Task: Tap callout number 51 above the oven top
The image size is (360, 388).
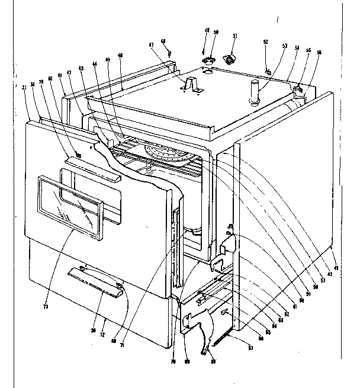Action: pos(234,37)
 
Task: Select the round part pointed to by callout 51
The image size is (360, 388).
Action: pos(229,58)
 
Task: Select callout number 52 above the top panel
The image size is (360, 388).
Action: pos(265,42)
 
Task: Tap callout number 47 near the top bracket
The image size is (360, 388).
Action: pos(151,45)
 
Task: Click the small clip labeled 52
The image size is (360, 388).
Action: pos(268,72)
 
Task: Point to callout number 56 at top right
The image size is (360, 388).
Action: pos(319,52)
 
